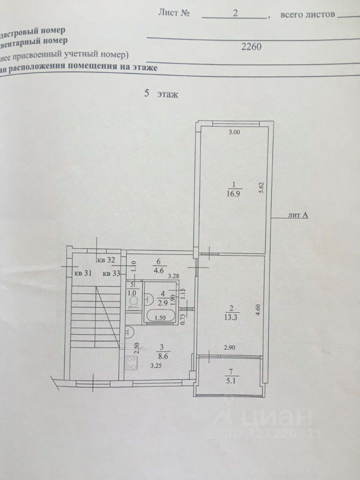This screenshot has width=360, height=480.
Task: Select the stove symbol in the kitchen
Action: (131, 362)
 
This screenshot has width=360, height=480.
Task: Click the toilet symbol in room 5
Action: (132, 301)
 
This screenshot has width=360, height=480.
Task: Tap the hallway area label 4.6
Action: (158, 267)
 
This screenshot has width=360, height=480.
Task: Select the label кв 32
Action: (106, 259)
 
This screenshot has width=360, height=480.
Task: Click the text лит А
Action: (298, 215)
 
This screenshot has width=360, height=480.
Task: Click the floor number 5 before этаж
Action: (146, 93)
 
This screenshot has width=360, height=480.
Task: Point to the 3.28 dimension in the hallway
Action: (173, 275)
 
